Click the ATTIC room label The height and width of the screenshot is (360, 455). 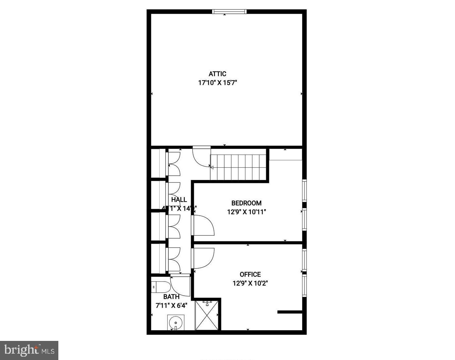pos(217,74)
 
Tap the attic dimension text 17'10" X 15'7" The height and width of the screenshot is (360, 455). pos(217,83)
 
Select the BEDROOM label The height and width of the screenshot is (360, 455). pos(246,203)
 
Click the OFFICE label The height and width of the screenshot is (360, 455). pos(250,274)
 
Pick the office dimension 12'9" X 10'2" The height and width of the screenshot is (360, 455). pos(250,283)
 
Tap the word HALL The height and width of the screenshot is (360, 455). pos(179,200)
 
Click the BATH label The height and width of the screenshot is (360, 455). pos(171,297)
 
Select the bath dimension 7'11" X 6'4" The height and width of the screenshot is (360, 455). pos(171,305)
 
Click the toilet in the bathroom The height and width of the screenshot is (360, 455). pos(161,287)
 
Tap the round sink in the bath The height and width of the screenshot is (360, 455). pos(175,323)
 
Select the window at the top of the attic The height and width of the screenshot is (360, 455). pos(229,12)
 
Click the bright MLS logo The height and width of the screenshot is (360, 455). pos(30,350)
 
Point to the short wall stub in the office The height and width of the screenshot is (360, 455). pos(290,312)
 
